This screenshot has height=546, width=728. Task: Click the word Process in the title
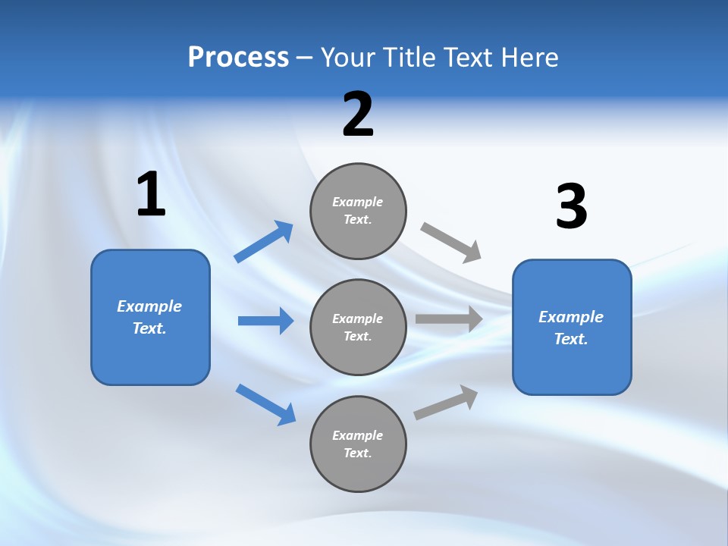point(238,58)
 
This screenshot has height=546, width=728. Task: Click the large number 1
point(151,195)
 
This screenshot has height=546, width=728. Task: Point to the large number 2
point(358,115)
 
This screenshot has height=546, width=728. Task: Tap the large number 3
point(572,207)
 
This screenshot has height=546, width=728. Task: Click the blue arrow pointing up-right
point(264,242)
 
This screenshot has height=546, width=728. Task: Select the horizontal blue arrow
point(265,321)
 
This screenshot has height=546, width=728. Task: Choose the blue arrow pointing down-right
point(265,404)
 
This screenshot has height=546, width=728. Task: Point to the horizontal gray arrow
point(449,318)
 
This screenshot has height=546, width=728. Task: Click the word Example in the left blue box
point(149,306)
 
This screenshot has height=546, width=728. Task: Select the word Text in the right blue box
point(570,339)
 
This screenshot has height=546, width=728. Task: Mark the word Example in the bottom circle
point(358,435)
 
